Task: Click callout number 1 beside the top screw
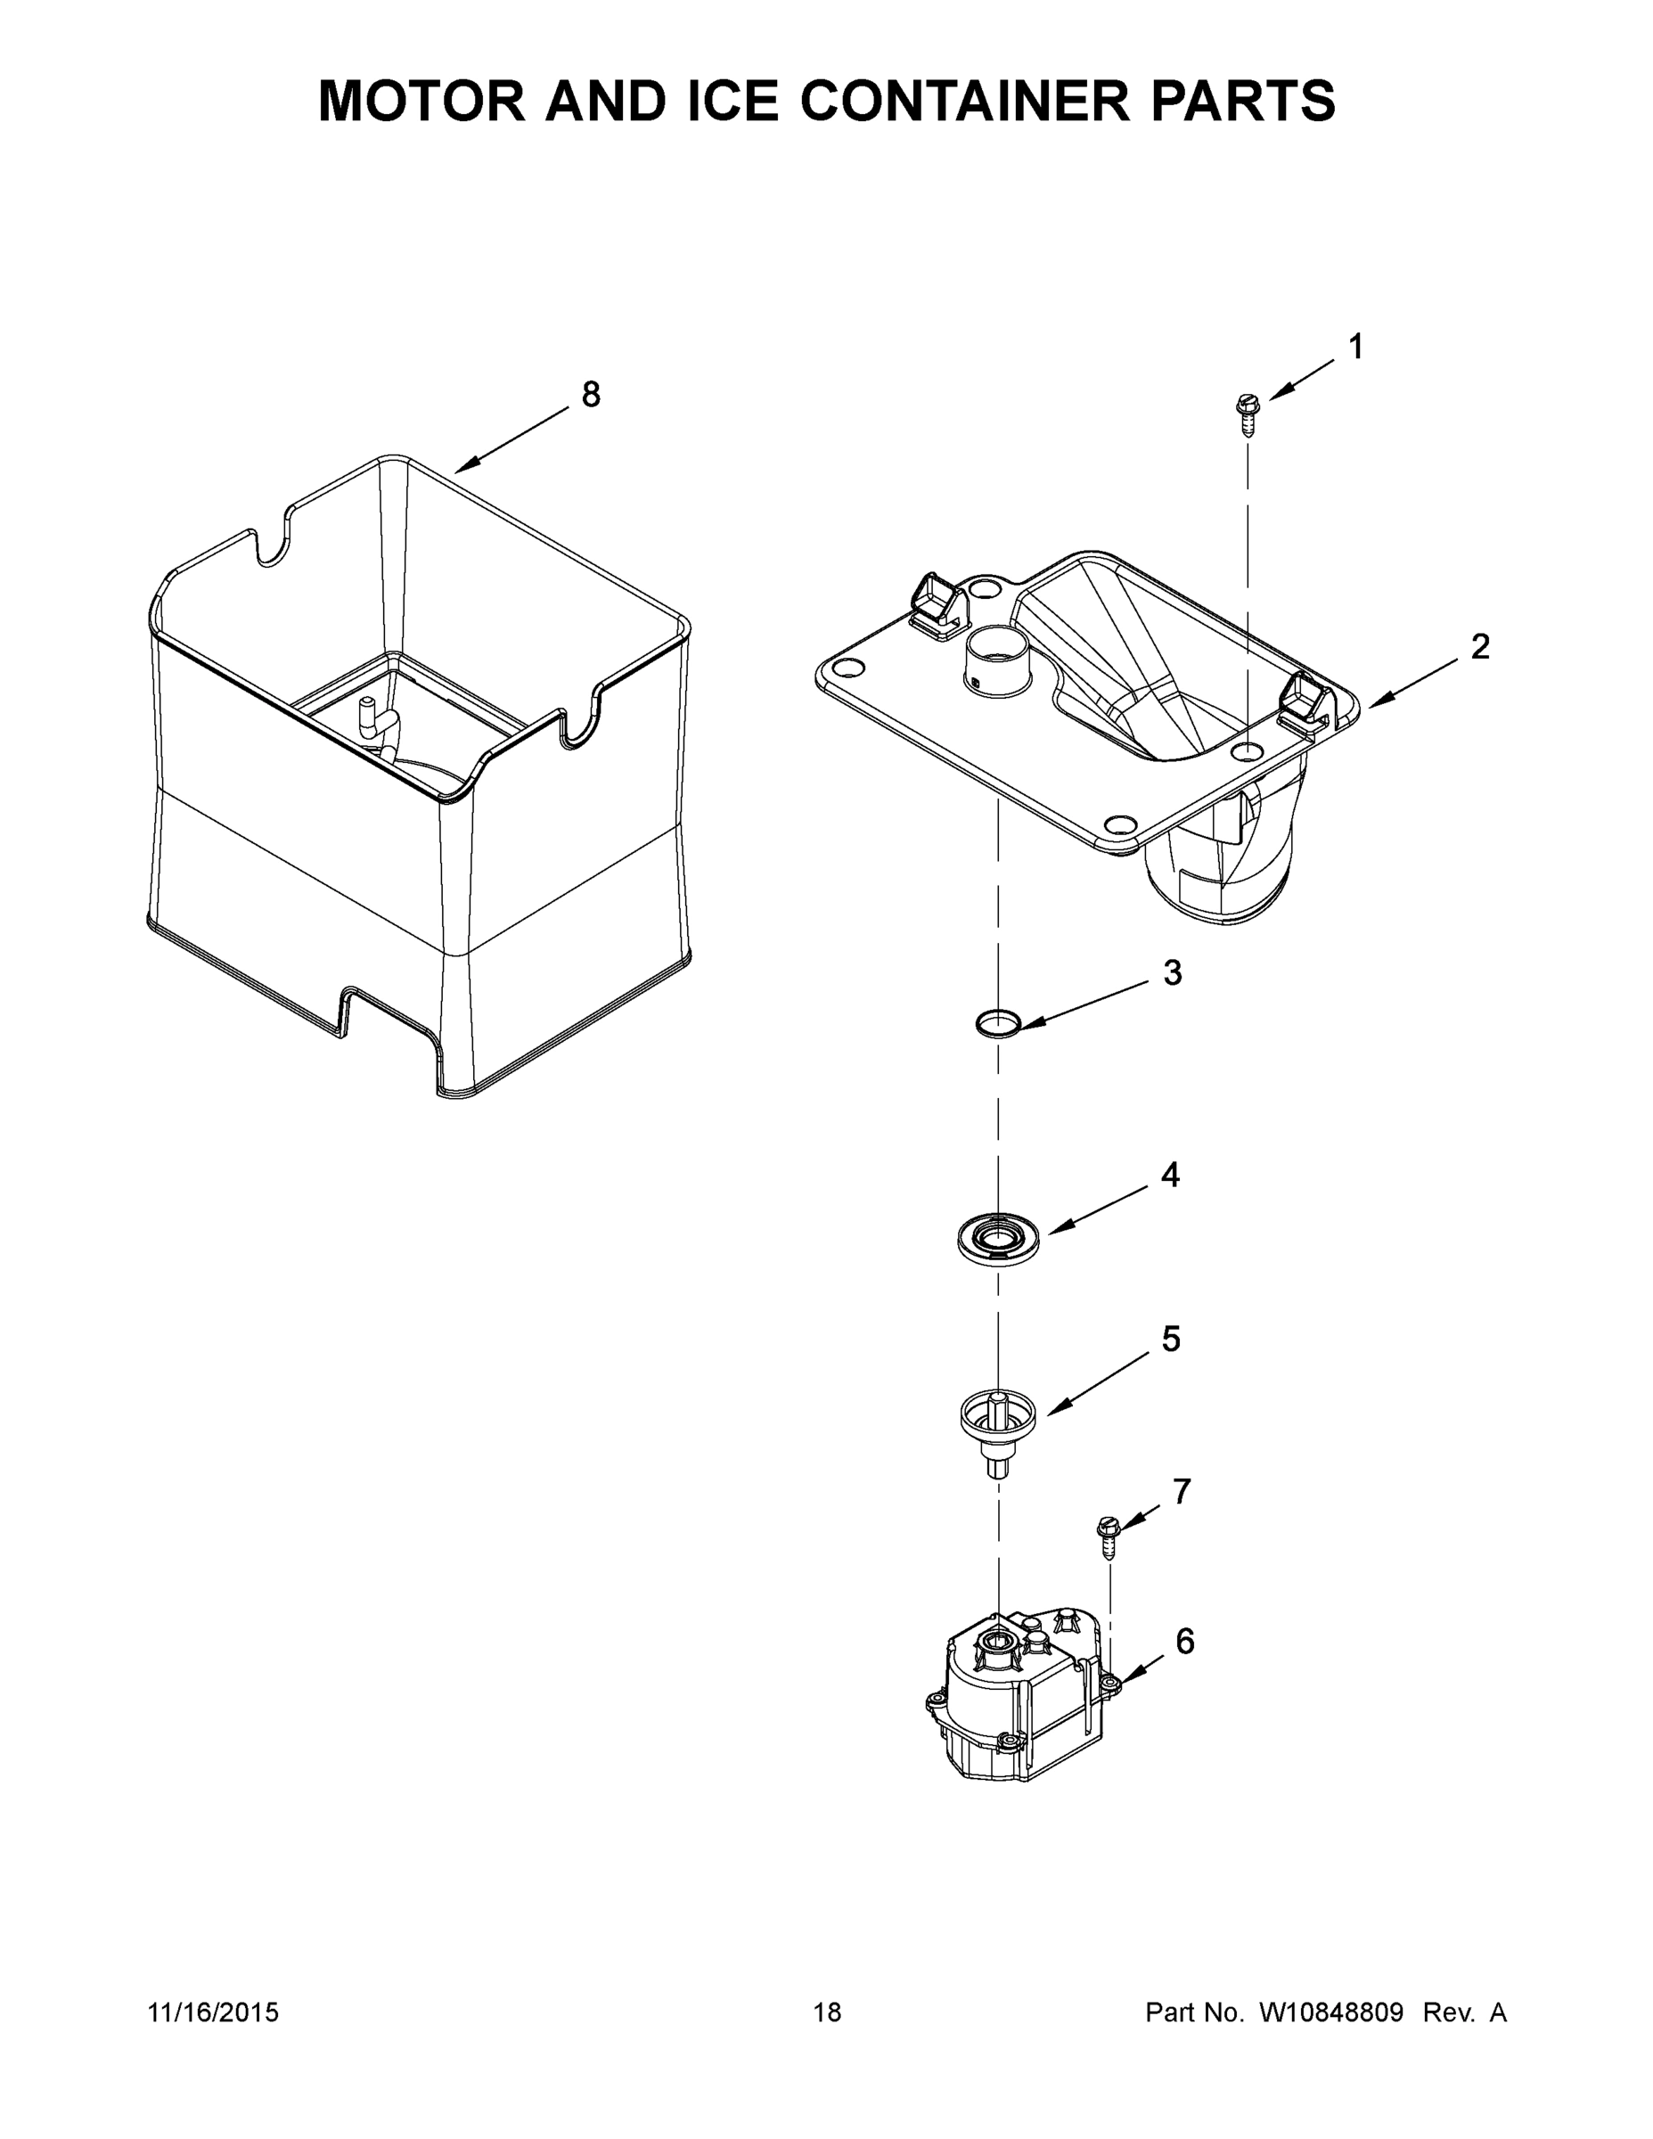click(x=1356, y=347)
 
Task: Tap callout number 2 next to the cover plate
click(x=1479, y=646)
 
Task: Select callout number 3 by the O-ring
click(x=1172, y=972)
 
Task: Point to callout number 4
click(x=1170, y=1175)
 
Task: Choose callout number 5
click(x=1171, y=1340)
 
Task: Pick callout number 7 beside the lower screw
click(x=1182, y=1492)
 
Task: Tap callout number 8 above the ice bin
click(x=591, y=395)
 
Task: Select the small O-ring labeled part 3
click(x=998, y=1023)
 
